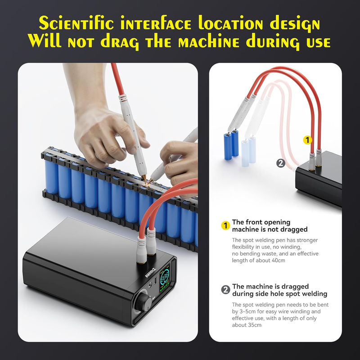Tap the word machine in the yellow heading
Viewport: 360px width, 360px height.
208,41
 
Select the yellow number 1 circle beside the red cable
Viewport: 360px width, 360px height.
307,140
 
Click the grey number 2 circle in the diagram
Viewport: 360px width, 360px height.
281,163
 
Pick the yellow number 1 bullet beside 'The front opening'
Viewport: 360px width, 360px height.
225,225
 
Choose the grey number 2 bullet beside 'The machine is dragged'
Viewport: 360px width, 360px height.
225,290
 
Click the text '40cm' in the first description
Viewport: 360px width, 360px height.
278,261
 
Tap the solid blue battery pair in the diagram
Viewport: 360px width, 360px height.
231,144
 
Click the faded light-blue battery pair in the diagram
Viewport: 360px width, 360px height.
249,151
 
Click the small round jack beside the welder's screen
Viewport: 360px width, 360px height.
150,286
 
